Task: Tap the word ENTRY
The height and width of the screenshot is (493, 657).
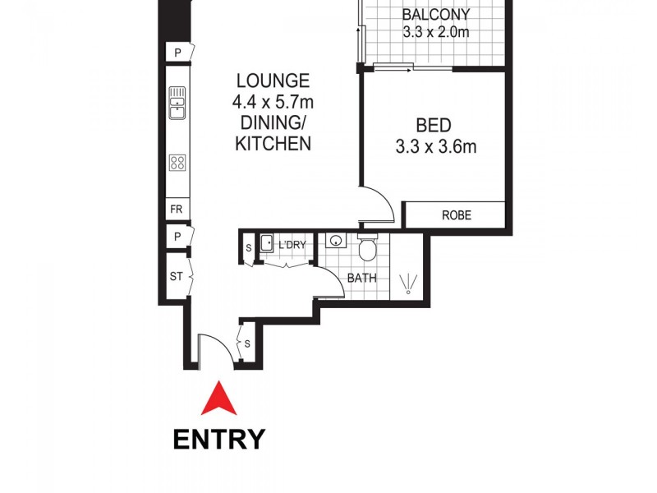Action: (219, 439)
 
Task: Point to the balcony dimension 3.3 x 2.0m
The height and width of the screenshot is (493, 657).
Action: (435, 33)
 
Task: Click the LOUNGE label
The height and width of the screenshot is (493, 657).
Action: (273, 81)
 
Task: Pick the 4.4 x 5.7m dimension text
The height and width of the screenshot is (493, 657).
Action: (273, 103)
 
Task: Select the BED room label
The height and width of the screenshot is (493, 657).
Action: (433, 126)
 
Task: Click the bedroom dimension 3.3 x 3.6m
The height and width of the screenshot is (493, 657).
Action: (435, 148)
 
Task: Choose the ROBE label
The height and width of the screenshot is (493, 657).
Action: (456, 215)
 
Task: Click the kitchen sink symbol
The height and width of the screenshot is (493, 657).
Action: (177, 103)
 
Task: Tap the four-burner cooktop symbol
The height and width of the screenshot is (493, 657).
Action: (177, 162)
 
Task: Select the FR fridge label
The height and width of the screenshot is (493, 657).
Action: (176, 209)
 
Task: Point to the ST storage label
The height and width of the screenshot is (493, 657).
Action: (176, 277)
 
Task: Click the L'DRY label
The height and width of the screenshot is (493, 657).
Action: (292, 245)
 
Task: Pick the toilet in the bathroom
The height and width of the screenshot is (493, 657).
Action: (367, 246)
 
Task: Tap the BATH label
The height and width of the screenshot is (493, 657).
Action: (361, 278)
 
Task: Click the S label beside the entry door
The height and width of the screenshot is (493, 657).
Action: (247, 341)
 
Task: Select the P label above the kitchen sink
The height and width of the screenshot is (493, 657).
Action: (177, 53)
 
